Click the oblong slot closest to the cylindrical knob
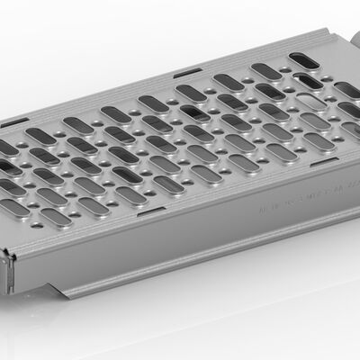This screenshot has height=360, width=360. coord(302,60)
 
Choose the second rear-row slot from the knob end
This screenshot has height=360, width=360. coord(266,70)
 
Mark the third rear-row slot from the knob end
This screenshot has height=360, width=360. coord(229,81)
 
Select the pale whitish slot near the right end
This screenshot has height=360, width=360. coord(311,100)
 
